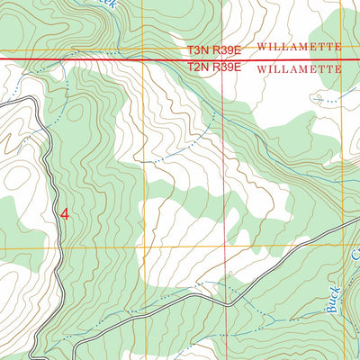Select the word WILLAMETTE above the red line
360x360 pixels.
(300, 44)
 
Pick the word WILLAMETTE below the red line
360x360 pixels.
(300, 68)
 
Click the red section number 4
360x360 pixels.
(64, 214)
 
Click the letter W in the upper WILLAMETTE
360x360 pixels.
(261, 44)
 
